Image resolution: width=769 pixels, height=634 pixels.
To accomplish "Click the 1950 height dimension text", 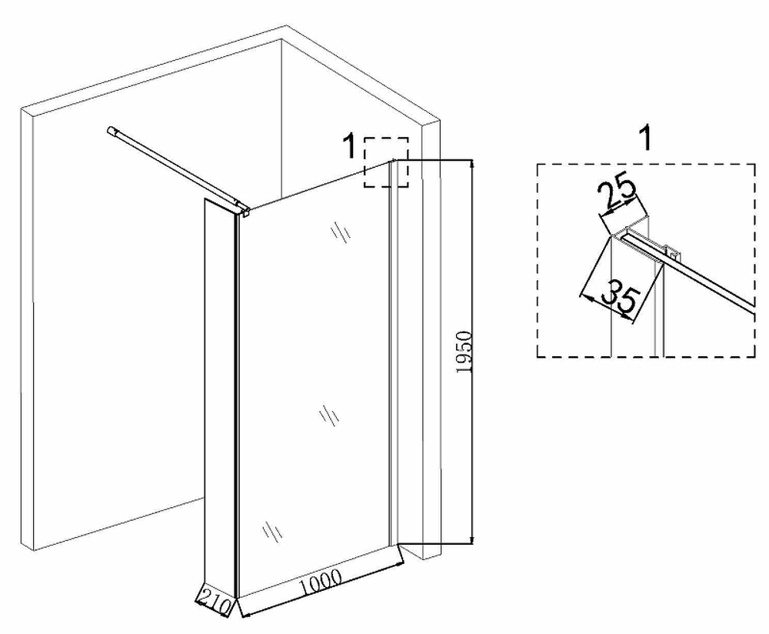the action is [462, 352].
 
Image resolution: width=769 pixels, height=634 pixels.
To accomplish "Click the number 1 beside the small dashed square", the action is [350, 145].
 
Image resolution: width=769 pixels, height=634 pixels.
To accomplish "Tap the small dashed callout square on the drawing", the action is [385, 162].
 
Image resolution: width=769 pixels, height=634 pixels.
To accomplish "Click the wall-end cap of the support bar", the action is [113, 132].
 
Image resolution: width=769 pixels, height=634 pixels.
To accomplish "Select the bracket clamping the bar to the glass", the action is [243, 209].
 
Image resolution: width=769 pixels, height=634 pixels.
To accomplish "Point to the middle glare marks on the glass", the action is [329, 416].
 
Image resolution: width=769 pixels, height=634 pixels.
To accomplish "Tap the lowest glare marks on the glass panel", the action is [271, 530].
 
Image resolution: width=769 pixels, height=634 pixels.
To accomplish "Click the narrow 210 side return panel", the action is [218, 392].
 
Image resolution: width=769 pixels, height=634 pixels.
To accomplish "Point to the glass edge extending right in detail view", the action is [707, 281].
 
